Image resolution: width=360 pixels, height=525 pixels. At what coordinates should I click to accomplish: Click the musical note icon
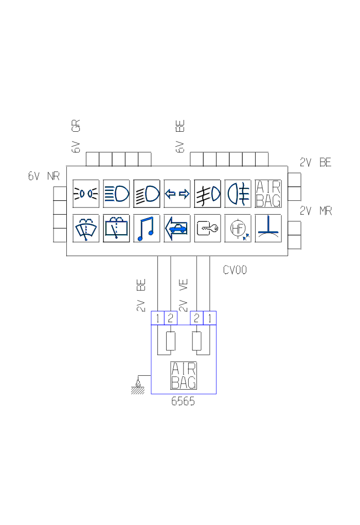tap(147, 228)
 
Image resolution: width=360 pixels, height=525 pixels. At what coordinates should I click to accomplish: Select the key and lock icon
tap(207, 228)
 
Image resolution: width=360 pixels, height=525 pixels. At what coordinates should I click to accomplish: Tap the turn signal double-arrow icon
tap(177, 194)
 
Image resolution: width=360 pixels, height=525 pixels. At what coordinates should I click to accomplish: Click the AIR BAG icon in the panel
tap(268, 194)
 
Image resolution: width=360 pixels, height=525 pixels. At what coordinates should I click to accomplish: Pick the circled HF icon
tap(238, 228)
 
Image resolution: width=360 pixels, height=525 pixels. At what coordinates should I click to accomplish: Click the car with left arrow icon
tap(177, 228)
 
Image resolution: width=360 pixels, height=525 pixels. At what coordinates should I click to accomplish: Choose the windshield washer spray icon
tap(86, 228)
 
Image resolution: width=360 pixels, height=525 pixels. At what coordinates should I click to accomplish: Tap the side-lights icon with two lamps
tap(86, 194)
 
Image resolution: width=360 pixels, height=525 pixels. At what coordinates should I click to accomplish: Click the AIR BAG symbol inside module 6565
tap(184, 376)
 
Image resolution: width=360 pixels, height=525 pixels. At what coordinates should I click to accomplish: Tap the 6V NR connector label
tap(44, 176)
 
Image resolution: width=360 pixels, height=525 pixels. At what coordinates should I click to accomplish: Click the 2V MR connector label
tap(316, 211)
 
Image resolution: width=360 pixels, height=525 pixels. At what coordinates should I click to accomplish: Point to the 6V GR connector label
tap(76, 136)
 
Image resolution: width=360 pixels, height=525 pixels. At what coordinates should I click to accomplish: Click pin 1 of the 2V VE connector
tap(210, 318)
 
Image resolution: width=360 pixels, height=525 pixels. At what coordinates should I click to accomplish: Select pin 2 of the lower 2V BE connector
tap(170, 318)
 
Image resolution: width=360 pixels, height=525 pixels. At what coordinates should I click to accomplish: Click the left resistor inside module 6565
tap(170, 341)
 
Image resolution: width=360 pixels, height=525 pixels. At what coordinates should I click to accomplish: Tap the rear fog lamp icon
tap(238, 194)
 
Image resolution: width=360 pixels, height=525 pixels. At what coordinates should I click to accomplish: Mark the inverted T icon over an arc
tap(268, 228)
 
